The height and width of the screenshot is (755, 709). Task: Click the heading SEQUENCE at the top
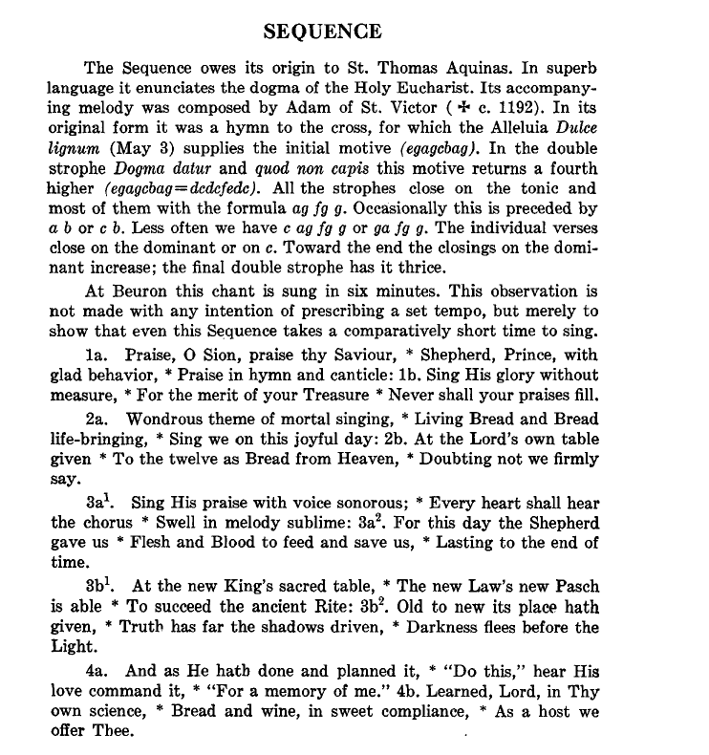point(322,32)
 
